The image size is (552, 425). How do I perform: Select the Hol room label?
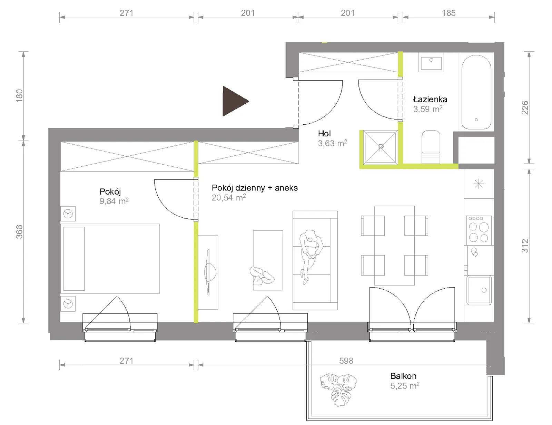[324, 133]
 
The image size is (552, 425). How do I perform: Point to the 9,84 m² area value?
[114, 201]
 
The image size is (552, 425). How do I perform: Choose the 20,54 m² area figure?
[229, 197]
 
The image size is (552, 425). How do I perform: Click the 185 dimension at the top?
[448, 13]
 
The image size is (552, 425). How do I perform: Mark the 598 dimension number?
[346, 360]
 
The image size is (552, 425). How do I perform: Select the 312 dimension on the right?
[525, 246]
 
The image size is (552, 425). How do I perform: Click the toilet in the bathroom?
[431, 147]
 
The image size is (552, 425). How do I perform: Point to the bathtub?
[476, 92]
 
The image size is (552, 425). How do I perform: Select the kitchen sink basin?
[479, 290]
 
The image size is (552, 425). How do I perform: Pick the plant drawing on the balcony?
[338, 390]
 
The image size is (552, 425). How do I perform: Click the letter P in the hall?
[381, 148]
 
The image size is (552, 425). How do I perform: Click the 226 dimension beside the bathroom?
[525, 107]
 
